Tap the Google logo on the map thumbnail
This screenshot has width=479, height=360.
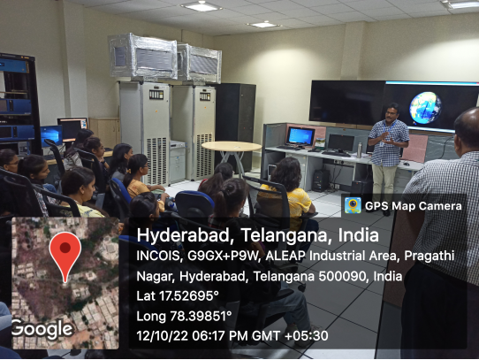(42, 329)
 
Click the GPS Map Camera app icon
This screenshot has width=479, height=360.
(353, 205)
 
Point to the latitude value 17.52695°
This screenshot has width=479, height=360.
(189, 295)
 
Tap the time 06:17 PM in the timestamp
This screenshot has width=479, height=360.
(220, 336)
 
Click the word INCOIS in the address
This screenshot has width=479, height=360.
(158, 257)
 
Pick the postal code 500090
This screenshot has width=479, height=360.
(342, 277)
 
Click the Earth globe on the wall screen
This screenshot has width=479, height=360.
(425, 108)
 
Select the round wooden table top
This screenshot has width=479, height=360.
(232, 146)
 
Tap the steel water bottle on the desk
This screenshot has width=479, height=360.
(359, 149)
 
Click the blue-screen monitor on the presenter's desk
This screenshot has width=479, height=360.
(300, 136)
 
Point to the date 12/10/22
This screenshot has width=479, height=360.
(163, 336)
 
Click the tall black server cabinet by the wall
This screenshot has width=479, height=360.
(235, 122)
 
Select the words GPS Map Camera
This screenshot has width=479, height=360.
(414, 206)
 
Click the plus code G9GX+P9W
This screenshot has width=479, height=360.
(224, 257)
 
